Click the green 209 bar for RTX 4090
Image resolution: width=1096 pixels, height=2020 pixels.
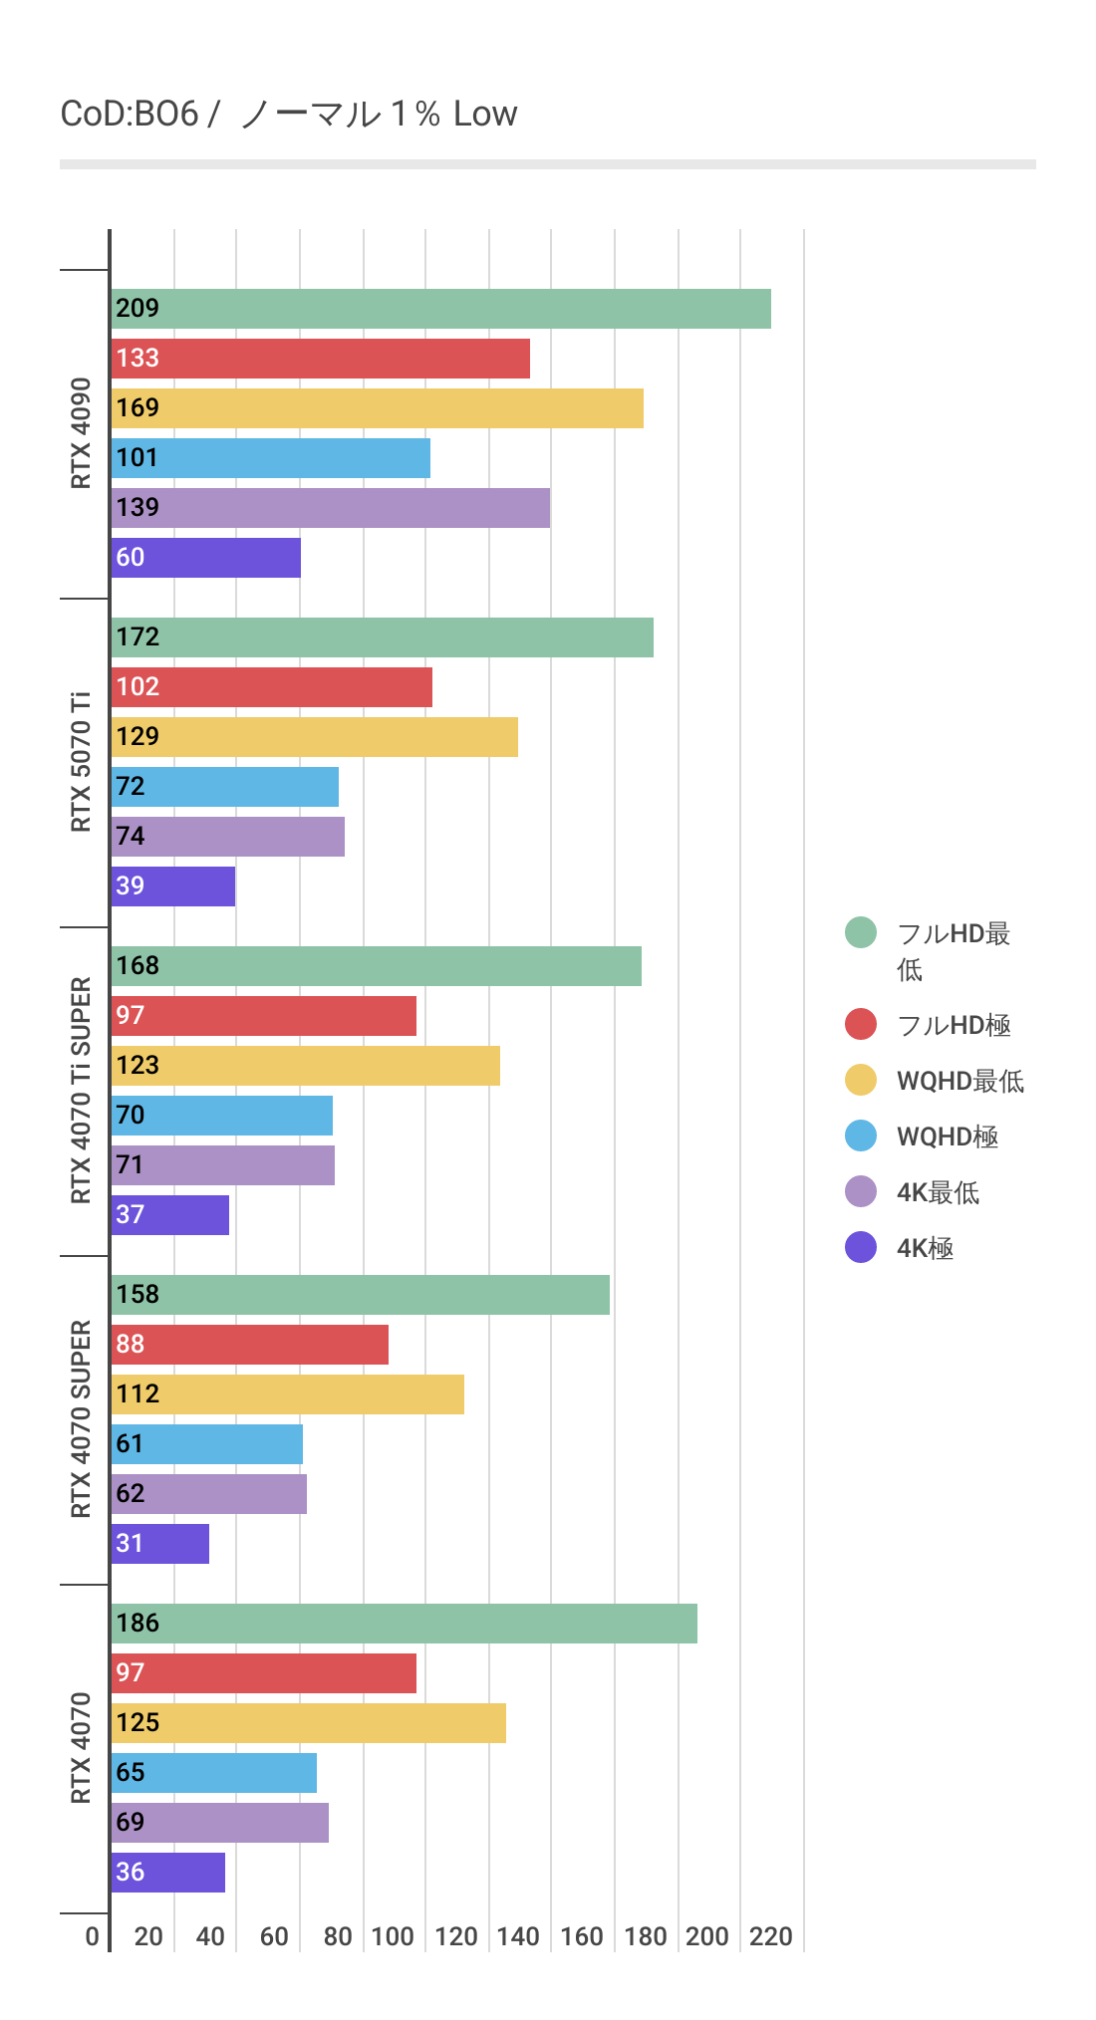coord(440,309)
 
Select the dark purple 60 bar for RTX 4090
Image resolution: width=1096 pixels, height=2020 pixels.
coord(206,558)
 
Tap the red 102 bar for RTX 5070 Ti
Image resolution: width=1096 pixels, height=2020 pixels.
coord(272,687)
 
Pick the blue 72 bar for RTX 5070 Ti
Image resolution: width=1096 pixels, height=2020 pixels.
coord(225,787)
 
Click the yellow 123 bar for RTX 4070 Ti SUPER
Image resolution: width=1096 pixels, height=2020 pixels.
coord(306,1066)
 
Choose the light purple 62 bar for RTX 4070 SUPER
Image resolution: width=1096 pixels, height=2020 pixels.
coord(209,1494)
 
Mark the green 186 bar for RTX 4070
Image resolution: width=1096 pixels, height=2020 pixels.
coord(405,1624)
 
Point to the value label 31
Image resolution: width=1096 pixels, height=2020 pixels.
coord(130,1544)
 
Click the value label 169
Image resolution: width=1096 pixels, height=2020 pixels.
coord(137,408)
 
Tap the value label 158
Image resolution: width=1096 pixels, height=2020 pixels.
coord(137,1295)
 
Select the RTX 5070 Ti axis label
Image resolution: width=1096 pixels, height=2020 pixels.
coord(81,762)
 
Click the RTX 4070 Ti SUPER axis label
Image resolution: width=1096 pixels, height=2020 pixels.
coord(81,1091)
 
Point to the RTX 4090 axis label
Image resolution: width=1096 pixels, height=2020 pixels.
coord(81,433)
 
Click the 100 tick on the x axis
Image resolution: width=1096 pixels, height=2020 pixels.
coord(393,1937)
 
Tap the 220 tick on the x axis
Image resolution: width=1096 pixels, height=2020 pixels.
coord(771,1937)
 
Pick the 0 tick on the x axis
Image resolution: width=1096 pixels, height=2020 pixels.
coord(93,1937)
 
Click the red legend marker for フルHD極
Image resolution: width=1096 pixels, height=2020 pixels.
coord(861,1024)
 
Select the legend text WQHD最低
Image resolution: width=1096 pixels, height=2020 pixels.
coord(960,1081)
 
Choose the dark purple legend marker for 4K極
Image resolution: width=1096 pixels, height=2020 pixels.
coord(861,1247)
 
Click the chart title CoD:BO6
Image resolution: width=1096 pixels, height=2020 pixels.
coord(130,115)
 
